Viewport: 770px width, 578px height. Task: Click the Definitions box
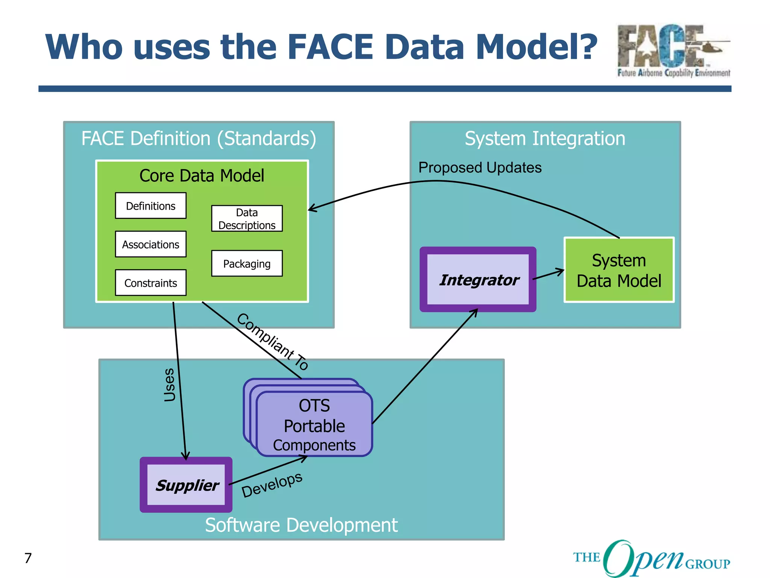click(x=150, y=206)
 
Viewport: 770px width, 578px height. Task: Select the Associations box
click(x=150, y=245)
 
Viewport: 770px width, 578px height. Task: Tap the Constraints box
click(x=150, y=283)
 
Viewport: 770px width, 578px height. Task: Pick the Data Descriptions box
click(x=247, y=219)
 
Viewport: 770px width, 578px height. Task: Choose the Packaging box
click(x=247, y=264)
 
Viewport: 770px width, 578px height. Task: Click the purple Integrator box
click(x=478, y=280)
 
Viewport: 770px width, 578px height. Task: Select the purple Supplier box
click(x=186, y=485)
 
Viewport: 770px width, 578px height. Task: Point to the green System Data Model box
click(x=619, y=270)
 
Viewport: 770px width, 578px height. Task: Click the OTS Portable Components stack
click(x=314, y=424)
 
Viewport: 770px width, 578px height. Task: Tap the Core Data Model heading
click(x=202, y=176)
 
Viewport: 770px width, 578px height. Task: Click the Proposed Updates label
click(x=480, y=167)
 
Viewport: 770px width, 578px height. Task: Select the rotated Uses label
click(x=170, y=385)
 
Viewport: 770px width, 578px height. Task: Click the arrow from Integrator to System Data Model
click(x=549, y=274)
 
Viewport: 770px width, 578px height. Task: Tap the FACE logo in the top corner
click(x=673, y=50)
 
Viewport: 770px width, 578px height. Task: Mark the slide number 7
click(x=28, y=558)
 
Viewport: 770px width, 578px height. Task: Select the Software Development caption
click(x=301, y=525)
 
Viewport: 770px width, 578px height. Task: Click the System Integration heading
click(x=545, y=138)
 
